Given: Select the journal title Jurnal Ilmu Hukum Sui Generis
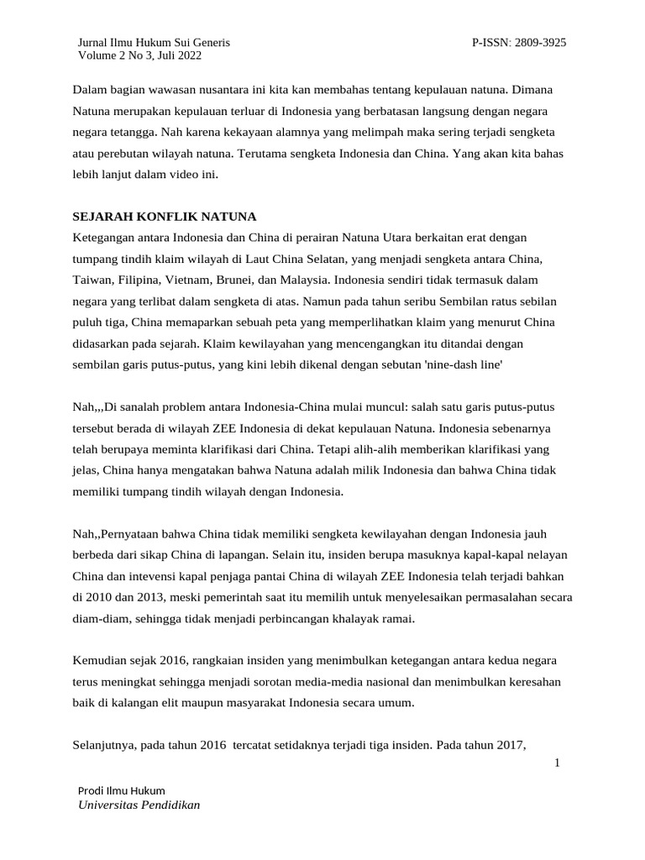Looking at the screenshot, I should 154,42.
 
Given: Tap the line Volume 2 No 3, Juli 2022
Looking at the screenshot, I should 139,55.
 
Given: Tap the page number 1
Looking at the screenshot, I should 558,763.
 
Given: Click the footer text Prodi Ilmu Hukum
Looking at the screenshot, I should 122,790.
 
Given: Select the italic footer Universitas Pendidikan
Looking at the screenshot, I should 139,805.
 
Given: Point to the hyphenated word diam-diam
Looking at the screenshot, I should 102,619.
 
